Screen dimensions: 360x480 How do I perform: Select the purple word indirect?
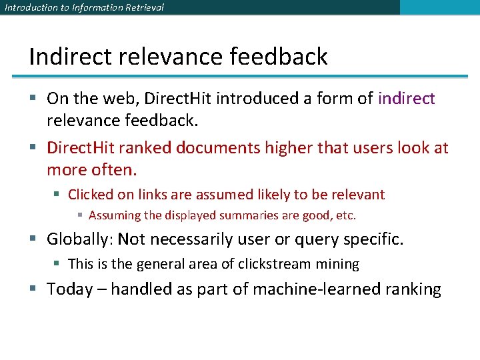(x=406, y=99)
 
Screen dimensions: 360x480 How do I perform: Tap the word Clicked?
(x=91, y=195)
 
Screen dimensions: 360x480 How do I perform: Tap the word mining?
(x=337, y=264)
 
